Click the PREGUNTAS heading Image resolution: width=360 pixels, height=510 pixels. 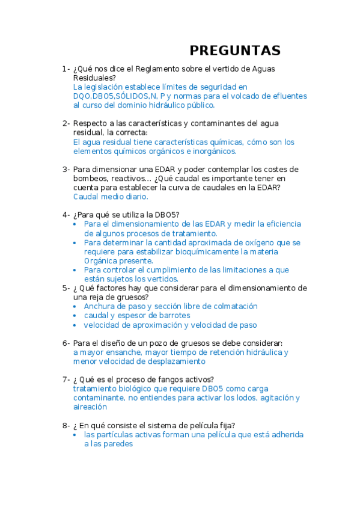[x=235, y=50]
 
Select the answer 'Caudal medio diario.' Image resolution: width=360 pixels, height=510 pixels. [x=111, y=196]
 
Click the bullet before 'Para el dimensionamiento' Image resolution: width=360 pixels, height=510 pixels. [x=75, y=224]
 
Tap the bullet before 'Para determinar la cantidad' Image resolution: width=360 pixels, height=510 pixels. [x=75, y=243]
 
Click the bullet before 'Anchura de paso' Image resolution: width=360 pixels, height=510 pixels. [x=75, y=306]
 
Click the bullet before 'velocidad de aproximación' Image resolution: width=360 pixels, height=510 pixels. [x=75, y=325]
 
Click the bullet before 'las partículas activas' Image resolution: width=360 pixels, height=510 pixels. [x=75, y=434]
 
